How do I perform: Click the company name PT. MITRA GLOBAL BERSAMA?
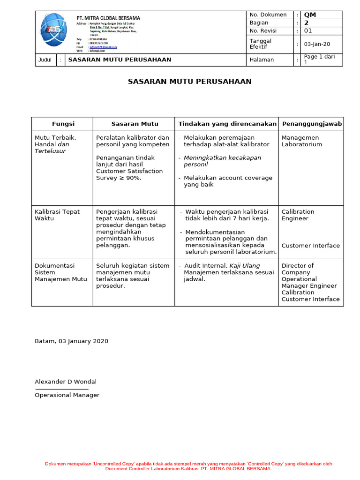[108, 18]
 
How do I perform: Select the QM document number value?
[310, 15]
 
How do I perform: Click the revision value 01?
[308, 31]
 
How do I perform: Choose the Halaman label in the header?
[262, 60]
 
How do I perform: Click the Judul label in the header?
[45, 60]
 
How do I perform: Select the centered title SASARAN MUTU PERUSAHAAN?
[190, 82]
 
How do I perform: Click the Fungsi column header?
[63, 124]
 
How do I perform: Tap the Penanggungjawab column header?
[311, 124]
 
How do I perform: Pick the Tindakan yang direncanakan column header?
[227, 124]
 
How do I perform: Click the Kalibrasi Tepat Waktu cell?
[57, 215]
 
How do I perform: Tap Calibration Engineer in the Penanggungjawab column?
[298, 215]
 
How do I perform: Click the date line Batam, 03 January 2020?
[71, 341]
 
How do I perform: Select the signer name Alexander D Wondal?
[66, 382]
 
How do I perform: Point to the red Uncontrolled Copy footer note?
[188, 466]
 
